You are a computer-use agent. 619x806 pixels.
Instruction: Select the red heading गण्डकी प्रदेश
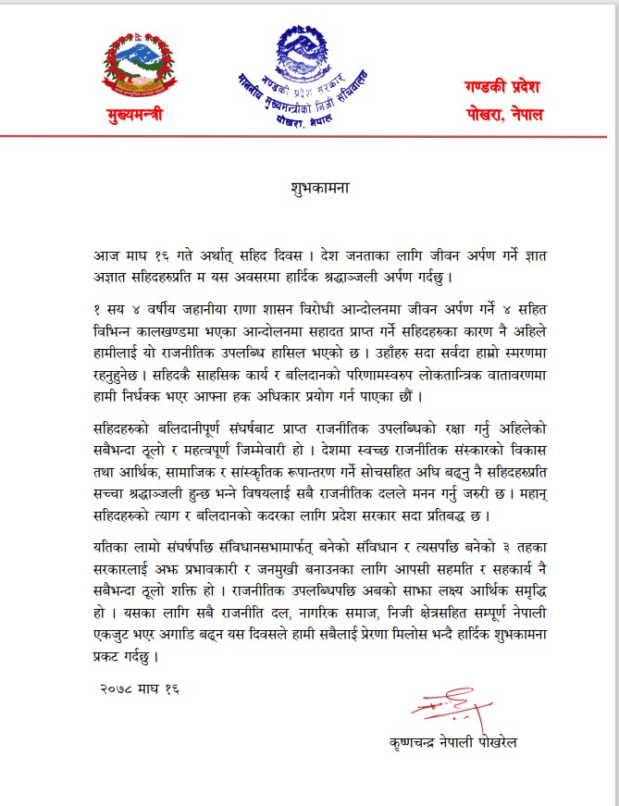[x=503, y=86]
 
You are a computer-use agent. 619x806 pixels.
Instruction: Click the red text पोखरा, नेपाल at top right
[x=503, y=116]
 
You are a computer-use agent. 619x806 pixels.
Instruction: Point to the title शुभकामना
[x=309, y=186]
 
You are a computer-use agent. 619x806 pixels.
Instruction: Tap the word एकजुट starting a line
[x=117, y=636]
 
